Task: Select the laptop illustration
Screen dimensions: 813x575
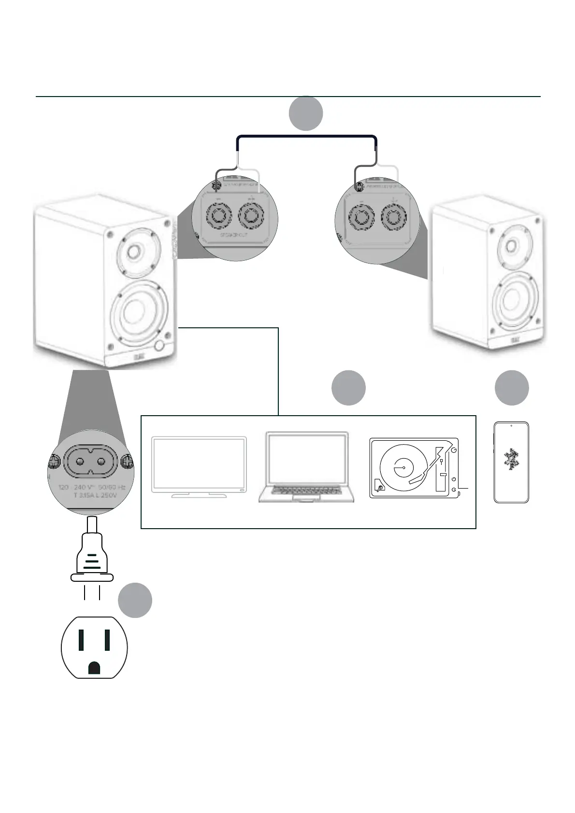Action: click(306, 467)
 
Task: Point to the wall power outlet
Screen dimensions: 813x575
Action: click(94, 647)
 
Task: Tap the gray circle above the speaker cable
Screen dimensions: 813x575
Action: click(306, 113)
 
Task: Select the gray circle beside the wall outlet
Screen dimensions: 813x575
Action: click(135, 600)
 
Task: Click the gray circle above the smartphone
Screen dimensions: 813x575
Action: click(512, 388)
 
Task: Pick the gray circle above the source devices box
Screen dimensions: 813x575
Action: click(348, 388)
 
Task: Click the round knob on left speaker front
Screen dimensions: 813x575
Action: click(160, 345)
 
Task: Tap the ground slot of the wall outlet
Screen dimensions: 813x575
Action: click(94, 668)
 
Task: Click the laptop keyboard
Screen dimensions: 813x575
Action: click(306, 491)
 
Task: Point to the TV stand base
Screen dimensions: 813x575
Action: click(199, 495)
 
